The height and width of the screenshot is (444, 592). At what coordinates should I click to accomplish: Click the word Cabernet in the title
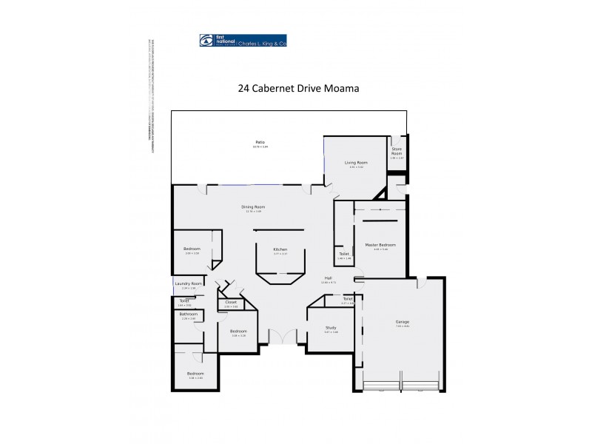click(x=273, y=87)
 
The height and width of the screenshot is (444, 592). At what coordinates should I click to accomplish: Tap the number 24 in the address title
click(x=243, y=87)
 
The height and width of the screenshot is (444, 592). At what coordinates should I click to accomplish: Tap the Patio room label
click(x=260, y=142)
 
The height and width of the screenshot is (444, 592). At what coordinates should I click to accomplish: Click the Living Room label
click(x=357, y=162)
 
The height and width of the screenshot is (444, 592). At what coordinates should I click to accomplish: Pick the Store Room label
click(x=397, y=152)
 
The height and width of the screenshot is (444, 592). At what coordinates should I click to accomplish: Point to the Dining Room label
click(x=253, y=206)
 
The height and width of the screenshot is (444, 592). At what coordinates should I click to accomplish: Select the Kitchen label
click(x=280, y=249)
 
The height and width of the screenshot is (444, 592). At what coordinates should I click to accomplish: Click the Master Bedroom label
click(x=380, y=245)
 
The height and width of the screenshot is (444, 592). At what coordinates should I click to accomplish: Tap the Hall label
click(x=328, y=277)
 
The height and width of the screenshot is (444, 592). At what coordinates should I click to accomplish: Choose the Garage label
click(x=403, y=322)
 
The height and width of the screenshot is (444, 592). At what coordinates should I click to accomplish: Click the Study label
click(x=331, y=328)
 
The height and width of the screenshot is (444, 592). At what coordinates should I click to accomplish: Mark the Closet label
click(x=231, y=302)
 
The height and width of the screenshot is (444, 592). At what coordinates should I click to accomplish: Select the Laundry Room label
click(x=189, y=283)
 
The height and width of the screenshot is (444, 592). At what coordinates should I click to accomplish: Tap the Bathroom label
click(x=189, y=314)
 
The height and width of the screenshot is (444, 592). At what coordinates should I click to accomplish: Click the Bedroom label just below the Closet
click(x=238, y=331)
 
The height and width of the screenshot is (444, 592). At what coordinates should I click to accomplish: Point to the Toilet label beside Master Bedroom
click(x=344, y=254)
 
